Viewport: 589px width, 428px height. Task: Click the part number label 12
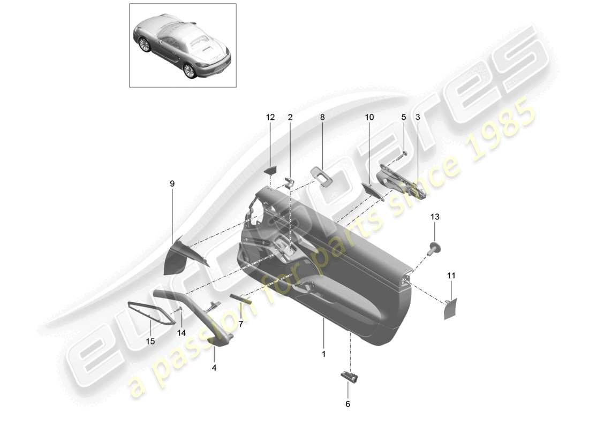[x=270, y=117]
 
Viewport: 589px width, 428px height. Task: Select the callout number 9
[x=172, y=184]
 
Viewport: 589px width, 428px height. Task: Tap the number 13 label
[x=434, y=217]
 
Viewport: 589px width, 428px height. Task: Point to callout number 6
[x=348, y=404]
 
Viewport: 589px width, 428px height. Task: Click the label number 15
[x=151, y=340]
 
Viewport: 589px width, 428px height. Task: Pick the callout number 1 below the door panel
[x=323, y=354]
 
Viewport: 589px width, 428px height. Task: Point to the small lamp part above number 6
[x=350, y=376]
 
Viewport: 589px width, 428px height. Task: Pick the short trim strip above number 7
[x=241, y=297]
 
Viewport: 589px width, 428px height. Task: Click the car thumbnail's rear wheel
[x=189, y=71]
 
